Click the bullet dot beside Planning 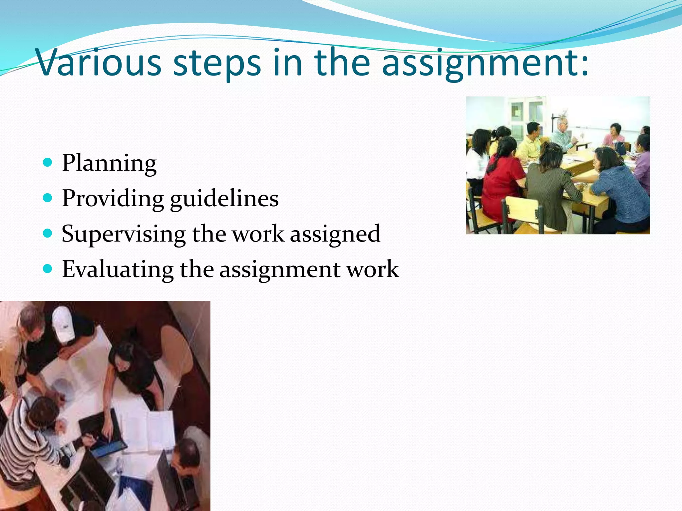pyautogui.click(x=48, y=162)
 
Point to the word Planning pyautogui.click(x=109, y=163)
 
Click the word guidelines pyautogui.click(x=224, y=199)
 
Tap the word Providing pyautogui.click(x=113, y=199)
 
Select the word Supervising pyautogui.click(x=124, y=234)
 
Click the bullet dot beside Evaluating pyautogui.click(x=48, y=268)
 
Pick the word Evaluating pyautogui.click(x=118, y=269)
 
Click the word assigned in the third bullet pyautogui.click(x=335, y=234)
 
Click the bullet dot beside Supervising pyautogui.click(x=48, y=233)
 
